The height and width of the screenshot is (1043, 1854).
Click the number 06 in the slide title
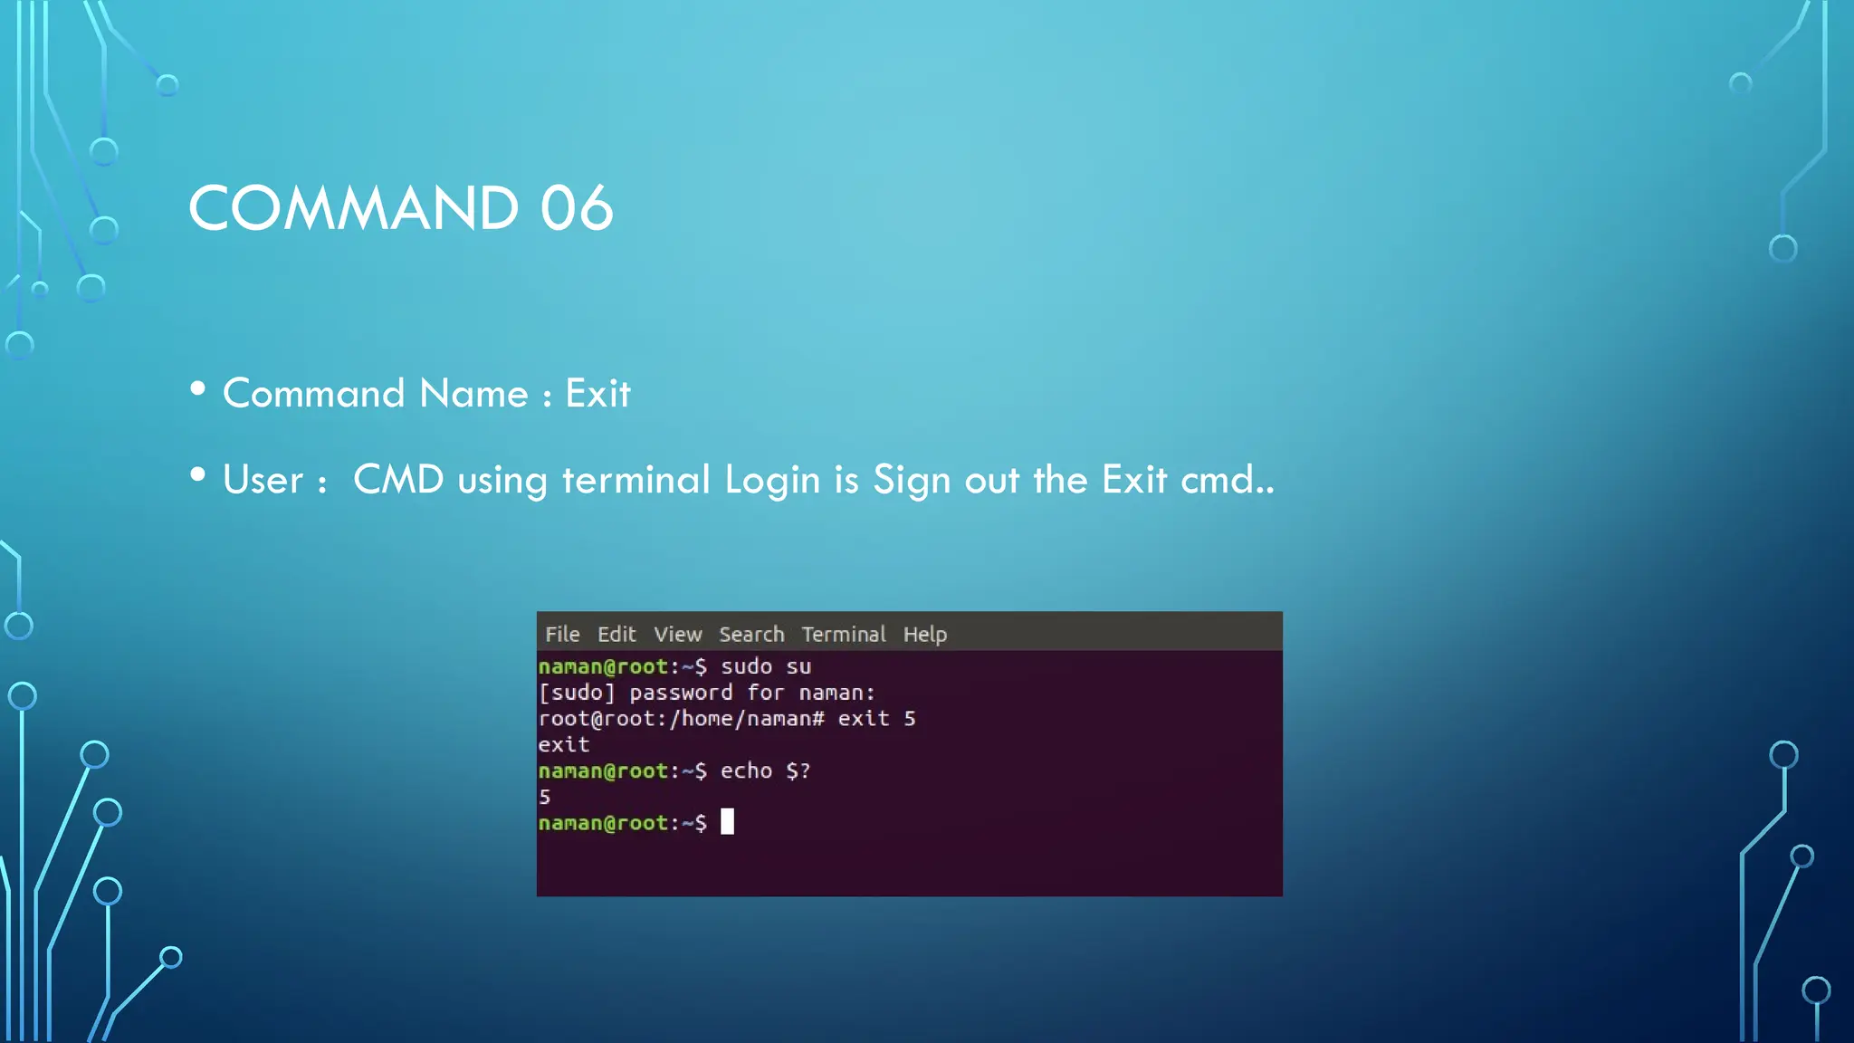[577, 208]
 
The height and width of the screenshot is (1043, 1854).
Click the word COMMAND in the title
[353, 208]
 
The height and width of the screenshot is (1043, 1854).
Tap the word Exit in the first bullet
[597, 394]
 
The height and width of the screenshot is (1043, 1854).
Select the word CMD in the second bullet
[398, 480]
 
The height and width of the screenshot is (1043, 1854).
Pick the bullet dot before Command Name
[198, 389]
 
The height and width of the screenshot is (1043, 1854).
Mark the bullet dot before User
[198, 475]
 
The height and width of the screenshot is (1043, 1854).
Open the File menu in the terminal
[562, 635]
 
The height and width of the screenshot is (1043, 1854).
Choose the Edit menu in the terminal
[616, 635]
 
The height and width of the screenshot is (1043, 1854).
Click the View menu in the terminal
[678, 635]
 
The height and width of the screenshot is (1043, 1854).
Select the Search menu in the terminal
[751, 635]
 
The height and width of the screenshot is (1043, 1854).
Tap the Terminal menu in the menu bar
[843, 635]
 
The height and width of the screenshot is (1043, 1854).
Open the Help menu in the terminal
[924, 635]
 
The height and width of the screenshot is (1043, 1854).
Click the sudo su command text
[766, 667]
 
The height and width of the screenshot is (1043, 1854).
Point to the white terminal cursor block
[727, 822]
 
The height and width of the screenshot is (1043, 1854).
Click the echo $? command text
[765, 771]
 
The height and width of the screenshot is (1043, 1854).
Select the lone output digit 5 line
[545, 798]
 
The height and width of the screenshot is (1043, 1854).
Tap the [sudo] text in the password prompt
[577, 694]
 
